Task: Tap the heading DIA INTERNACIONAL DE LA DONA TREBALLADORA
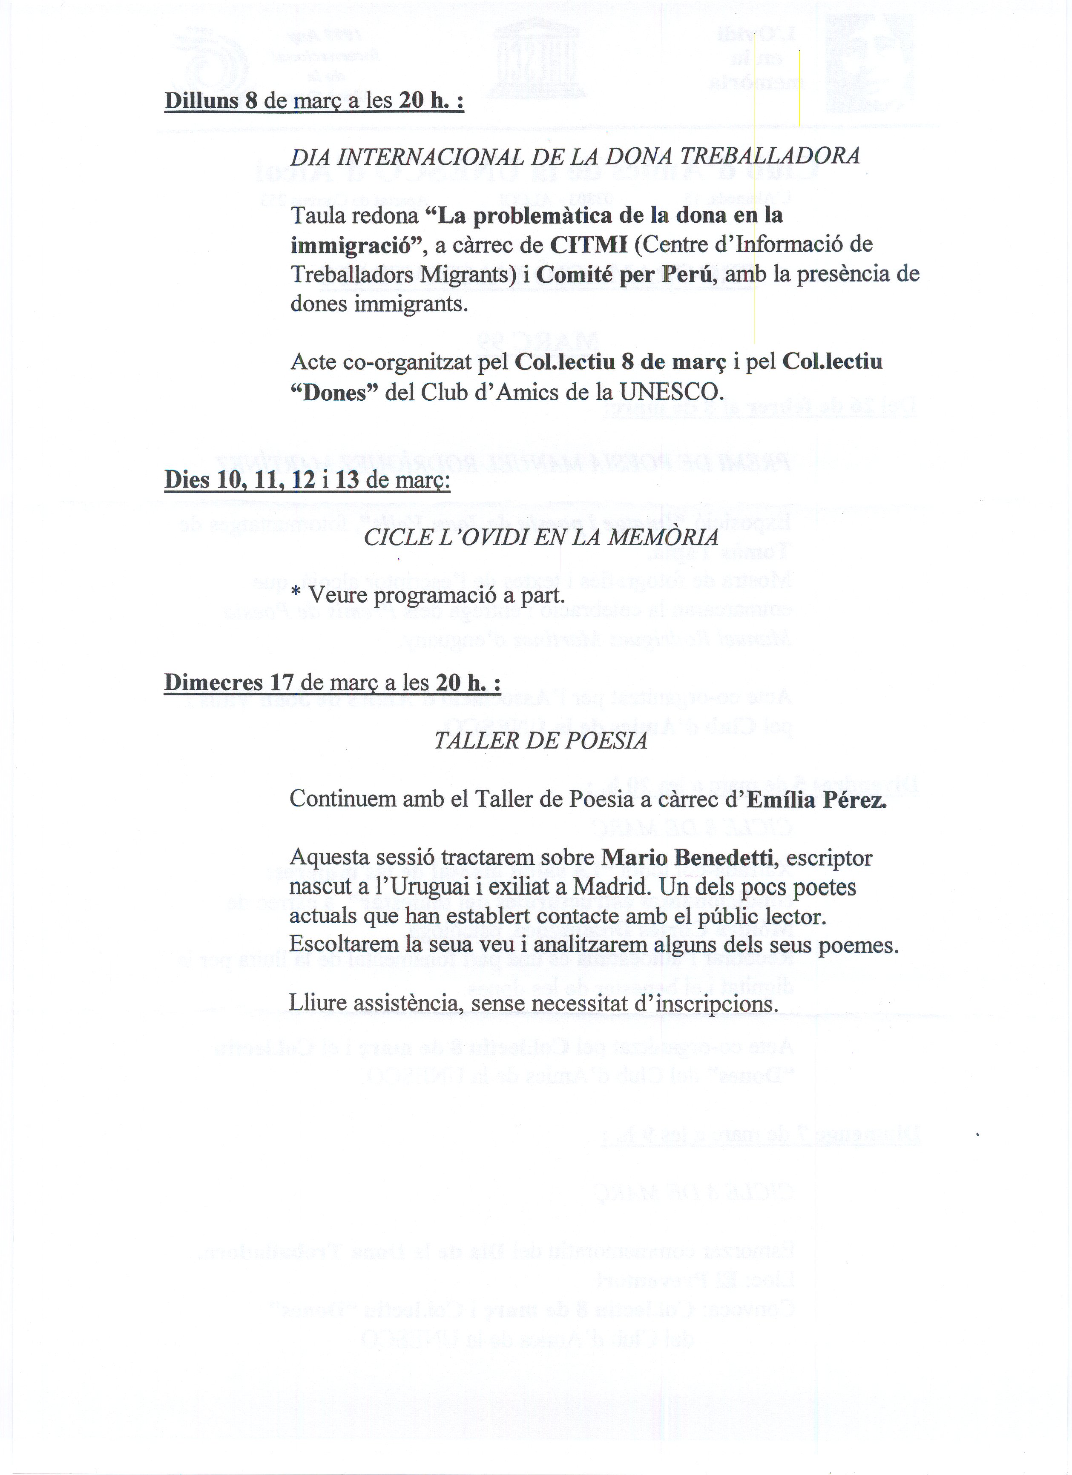[575, 156]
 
